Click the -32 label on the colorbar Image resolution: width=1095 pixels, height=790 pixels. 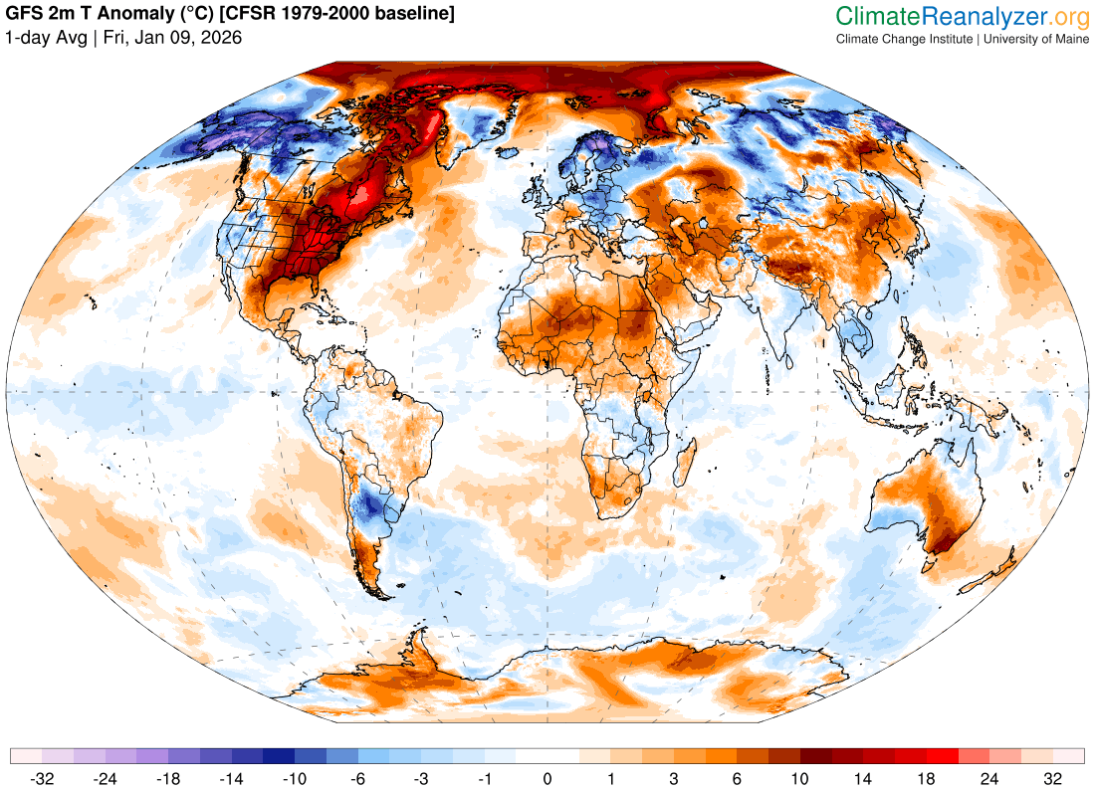coord(42,778)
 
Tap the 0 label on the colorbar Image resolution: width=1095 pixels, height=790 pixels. coord(547,778)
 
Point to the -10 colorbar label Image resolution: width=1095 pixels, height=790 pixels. coord(295,778)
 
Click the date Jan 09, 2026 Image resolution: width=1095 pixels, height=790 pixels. coord(179,38)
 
